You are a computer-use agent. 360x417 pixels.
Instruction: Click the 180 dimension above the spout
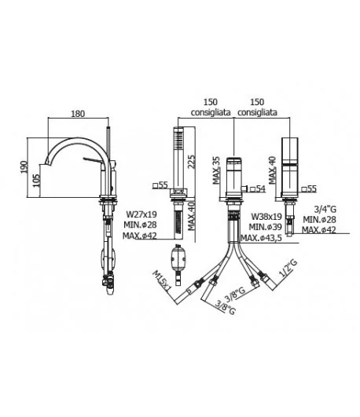(78, 114)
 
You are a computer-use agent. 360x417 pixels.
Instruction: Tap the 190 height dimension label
(24, 167)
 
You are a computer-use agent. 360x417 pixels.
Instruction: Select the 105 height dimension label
(36, 181)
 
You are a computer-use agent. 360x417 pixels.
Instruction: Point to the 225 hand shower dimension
(192, 162)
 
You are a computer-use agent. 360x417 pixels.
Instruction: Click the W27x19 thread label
(141, 214)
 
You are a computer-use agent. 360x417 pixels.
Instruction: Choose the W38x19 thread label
(266, 217)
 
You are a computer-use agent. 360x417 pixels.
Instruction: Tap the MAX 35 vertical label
(216, 170)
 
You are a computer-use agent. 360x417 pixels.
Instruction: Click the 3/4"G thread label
(325, 210)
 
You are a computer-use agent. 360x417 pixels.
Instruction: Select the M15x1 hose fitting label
(161, 281)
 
